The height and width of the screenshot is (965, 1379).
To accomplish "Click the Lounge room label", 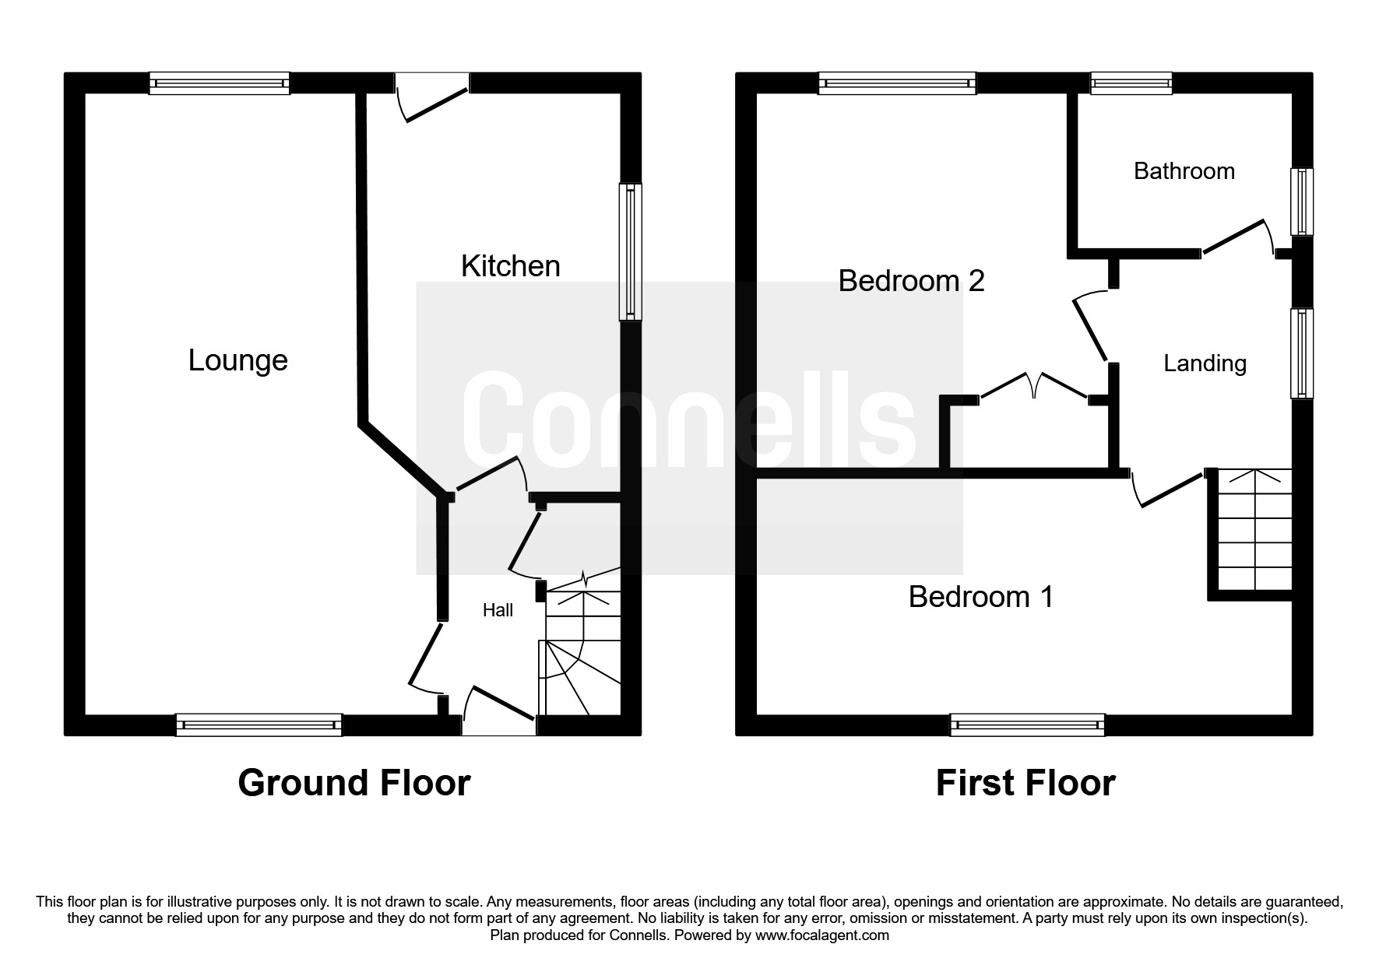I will click(238, 360).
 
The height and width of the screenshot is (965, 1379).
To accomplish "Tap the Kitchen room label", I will click(510, 266).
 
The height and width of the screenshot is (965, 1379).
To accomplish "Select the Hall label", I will click(498, 610).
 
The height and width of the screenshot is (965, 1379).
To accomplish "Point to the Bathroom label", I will click(1184, 171).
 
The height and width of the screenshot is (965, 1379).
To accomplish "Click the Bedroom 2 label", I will click(911, 281).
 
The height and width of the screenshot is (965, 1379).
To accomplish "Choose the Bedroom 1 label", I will click(980, 597).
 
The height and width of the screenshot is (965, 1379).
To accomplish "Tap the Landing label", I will click(1205, 363).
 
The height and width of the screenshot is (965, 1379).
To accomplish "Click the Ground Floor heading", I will click(354, 783).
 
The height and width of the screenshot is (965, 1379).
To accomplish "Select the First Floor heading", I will click(1025, 783).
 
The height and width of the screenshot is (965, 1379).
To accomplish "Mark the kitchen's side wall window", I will click(631, 251).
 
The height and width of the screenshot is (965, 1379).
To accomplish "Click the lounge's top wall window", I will click(219, 83).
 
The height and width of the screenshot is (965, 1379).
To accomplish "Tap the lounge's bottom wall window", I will click(259, 725).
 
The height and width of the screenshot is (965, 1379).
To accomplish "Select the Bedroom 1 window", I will click(1027, 725).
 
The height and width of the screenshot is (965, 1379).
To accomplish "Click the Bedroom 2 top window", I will click(896, 83).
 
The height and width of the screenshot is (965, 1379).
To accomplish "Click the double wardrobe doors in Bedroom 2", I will click(1034, 386).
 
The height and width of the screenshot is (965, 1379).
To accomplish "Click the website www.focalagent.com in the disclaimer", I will click(822, 935).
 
